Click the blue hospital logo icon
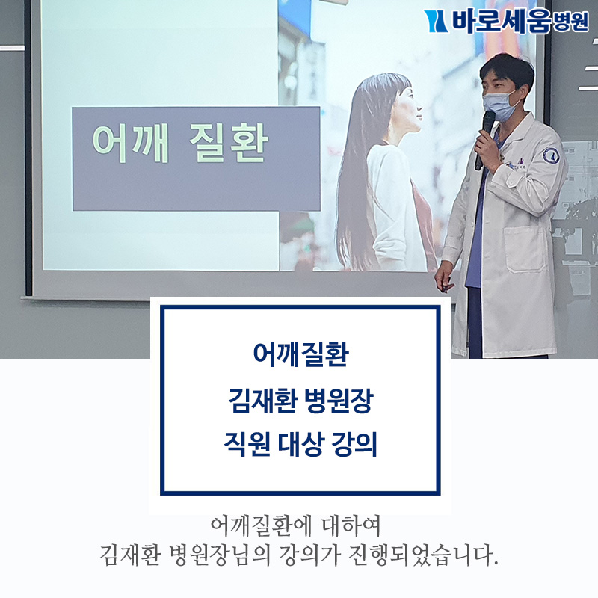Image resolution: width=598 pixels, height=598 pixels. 436,22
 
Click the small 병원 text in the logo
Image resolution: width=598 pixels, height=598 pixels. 570,22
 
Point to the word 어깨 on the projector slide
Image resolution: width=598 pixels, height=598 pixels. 130,144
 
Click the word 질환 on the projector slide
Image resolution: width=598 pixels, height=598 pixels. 229,144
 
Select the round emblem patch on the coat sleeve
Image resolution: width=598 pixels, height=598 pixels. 551,156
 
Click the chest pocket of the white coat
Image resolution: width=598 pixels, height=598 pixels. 524,249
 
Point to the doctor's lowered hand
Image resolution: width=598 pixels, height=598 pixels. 444,277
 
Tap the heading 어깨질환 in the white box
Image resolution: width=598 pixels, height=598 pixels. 301,354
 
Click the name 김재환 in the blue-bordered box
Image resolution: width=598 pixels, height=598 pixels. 263,401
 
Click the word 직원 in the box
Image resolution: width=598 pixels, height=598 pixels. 247,444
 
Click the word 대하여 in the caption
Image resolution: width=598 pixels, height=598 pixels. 351,526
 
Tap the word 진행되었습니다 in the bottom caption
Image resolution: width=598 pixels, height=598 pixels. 423,555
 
